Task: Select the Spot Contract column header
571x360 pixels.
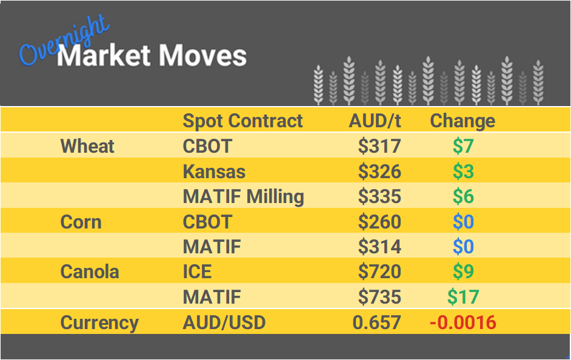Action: point(242,121)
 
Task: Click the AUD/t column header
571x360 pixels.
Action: point(375,121)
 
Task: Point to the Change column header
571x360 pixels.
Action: point(462,121)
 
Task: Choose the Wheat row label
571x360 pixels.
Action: point(87,146)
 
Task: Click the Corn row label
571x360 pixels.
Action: point(81,222)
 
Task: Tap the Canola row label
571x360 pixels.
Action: point(90,272)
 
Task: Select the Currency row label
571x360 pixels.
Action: point(99,322)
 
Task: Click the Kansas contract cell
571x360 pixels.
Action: point(214,172)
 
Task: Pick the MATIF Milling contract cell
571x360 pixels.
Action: point(243,197)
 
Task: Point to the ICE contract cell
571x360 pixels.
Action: point(197,272)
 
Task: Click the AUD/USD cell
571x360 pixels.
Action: point(224,322)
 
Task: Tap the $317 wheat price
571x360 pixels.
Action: point(379,146)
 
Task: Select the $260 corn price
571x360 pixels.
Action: point(379,222)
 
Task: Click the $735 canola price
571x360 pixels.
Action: point(379,297)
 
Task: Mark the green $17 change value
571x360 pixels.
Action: point(463,297)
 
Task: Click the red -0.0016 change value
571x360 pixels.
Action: point(463,322)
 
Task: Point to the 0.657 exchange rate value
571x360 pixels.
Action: point(376,322)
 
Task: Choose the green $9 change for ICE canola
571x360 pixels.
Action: point(463,272)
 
